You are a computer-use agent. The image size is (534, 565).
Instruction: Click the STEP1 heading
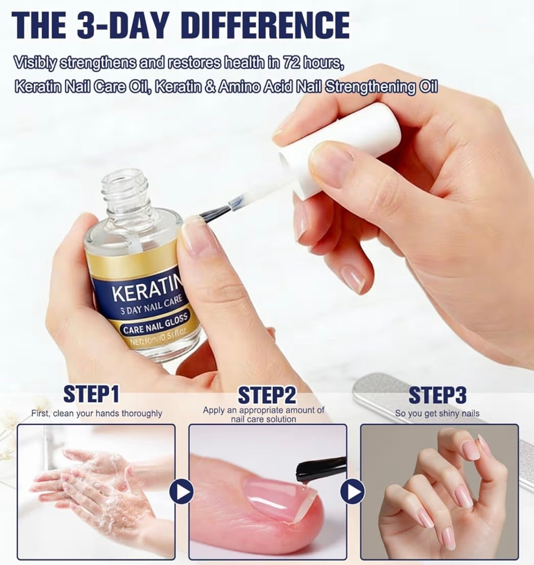pyautogui.click(x=91, y=395)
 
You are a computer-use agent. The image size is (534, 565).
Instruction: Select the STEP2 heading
pyautogui.click(x=267, y=395)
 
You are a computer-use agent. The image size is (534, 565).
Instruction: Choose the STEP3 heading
pyautogui.click(x=437, y=395)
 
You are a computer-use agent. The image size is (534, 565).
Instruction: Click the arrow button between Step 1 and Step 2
pyautogui.click(x=182, y=492)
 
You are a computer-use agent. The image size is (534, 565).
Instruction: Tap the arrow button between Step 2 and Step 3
pyautogui.click(x=353, y=492)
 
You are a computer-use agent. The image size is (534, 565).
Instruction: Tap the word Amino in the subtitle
pyautogui.click(x=235, y=88)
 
